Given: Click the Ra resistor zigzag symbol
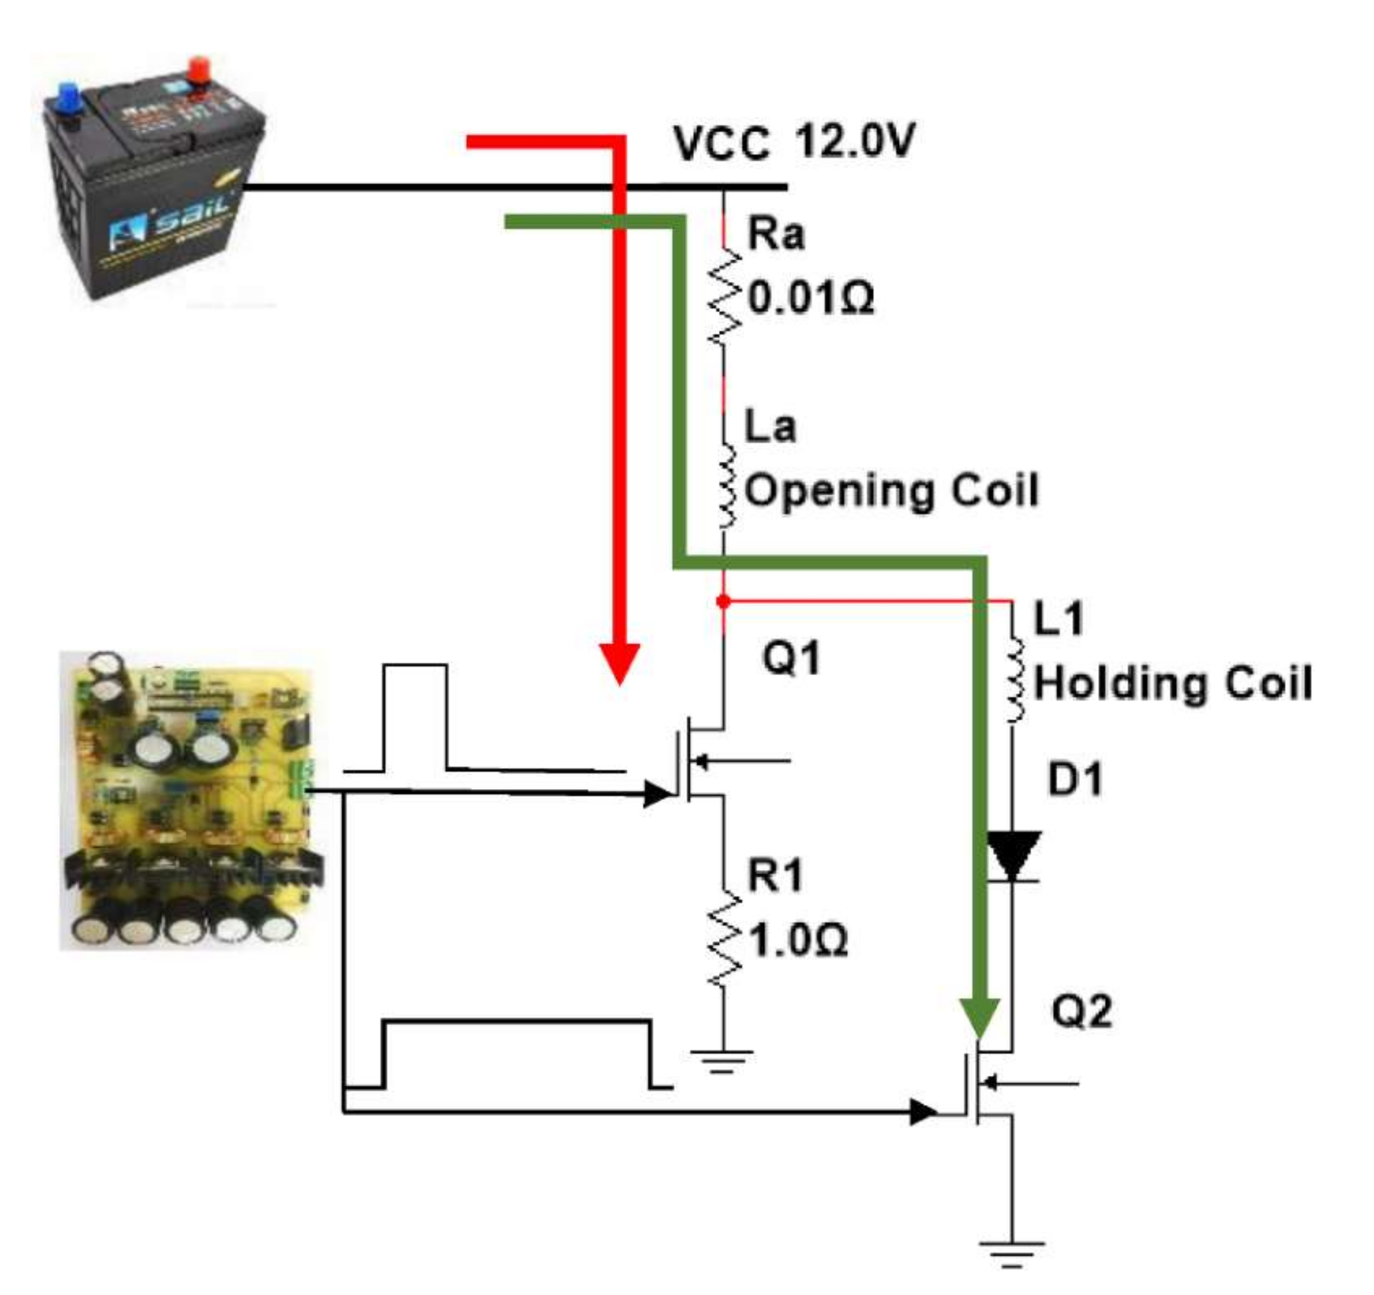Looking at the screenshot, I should coord(724,297).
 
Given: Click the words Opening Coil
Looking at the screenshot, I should coord(892,490).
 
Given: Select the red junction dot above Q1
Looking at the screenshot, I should coord(724,602).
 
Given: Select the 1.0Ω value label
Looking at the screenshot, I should coord(798,940).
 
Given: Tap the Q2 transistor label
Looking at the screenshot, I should coord(1083,1013).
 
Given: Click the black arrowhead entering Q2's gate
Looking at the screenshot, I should coord(923,1112).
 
